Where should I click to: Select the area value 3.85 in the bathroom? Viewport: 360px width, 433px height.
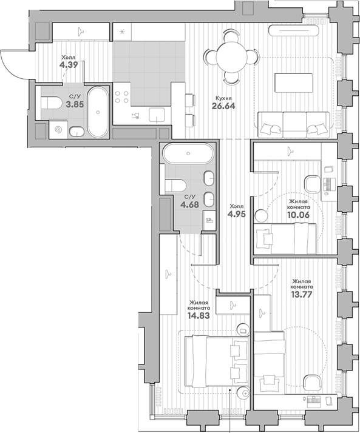75,104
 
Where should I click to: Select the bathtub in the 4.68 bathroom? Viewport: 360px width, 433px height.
188,153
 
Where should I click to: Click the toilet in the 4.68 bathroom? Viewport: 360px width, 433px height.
177,184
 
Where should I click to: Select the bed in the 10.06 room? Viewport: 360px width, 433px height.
285,237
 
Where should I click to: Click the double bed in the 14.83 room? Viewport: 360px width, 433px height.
213,360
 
